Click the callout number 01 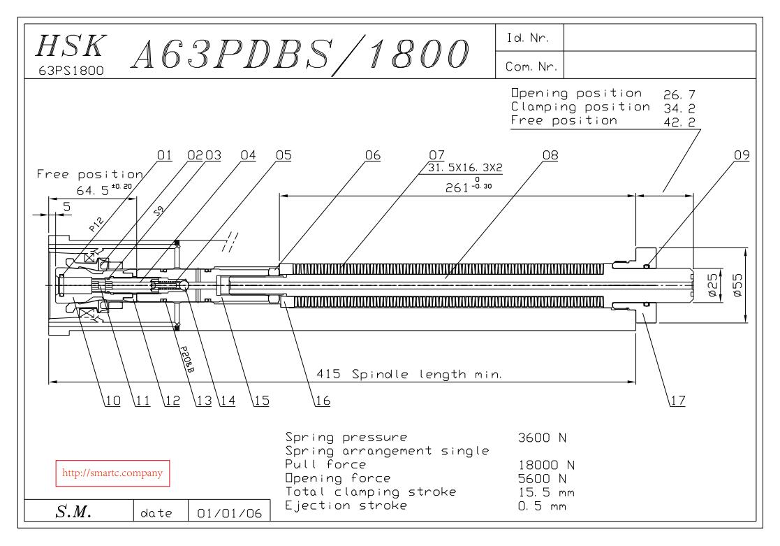[x=164, y=155]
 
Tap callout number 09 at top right [x=742, y=155]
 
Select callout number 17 [x=677, y=401]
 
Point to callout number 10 [x=113, y=401]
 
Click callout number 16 [x=323, y=401]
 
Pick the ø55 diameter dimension [x=737, y=285]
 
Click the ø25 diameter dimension [x=713, y=285]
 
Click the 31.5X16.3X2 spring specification [x=465, y=168]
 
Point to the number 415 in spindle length [x=328, y=373]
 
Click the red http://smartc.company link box [x=112, y=473]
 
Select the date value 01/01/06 [x=229, y=513]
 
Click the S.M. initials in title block [x=73, y=512]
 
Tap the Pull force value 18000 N [x=546, y=466]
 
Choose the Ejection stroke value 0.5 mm [x=542, y=506]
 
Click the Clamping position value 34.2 [x=679, y=108]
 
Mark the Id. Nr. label [x=528, y=38]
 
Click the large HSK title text [x=71, y=46]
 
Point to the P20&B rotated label [x=187, y=359]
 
